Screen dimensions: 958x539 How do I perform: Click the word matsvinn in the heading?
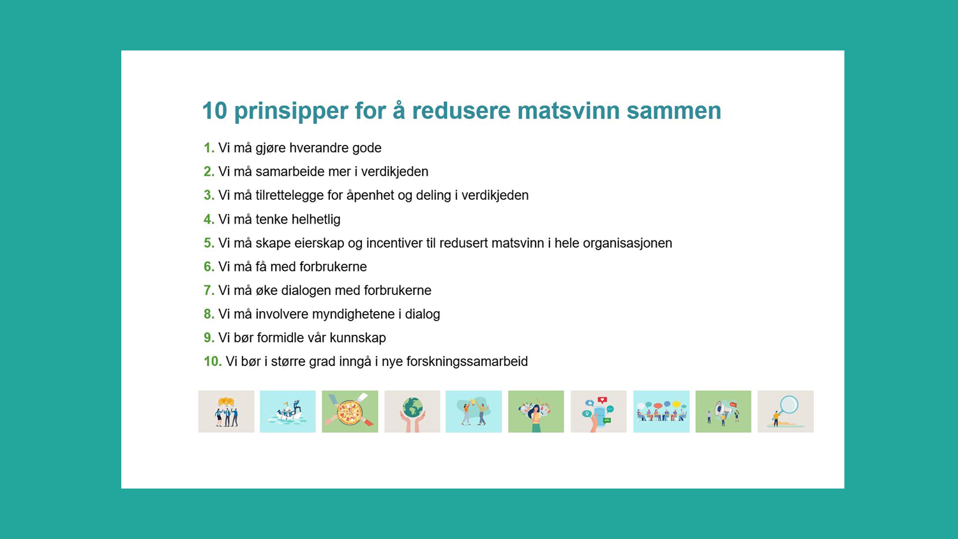(x=569, y=110)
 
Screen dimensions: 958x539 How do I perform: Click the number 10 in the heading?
(x=214, y=110)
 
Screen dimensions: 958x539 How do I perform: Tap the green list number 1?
(x=209, y=148)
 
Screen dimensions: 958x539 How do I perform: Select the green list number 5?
(x=209, y=243)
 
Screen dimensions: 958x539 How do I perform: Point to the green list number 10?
(x=213, y=361)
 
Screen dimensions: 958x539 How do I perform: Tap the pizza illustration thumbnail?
(x=350, y=411)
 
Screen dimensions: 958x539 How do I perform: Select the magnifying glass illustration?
(x=786, y=411)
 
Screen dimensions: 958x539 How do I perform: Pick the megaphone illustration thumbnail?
(x=723, y=411)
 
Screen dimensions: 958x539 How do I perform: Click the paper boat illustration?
(x=288, y=411)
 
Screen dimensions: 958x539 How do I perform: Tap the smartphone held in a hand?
(x=599, y=411)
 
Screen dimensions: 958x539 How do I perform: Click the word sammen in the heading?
(x=674, y=110)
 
